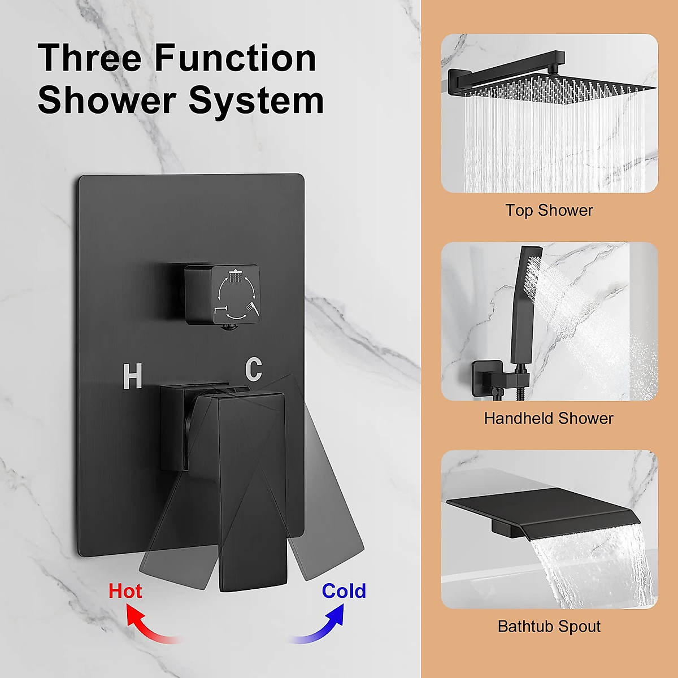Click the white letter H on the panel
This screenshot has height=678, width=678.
coord(132,376)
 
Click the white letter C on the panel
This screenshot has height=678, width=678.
coord(254,369)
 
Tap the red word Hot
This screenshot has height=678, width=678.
coord(125,591)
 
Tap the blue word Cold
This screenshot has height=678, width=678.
coord(344,591)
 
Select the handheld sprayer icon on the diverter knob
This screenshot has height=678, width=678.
coord(252,308)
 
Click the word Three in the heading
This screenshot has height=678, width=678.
coord(90,58)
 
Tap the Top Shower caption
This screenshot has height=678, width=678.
coord(549,210)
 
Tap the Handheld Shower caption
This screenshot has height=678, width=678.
coord(549,418)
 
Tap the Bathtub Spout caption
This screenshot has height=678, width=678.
coord(549,626)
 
